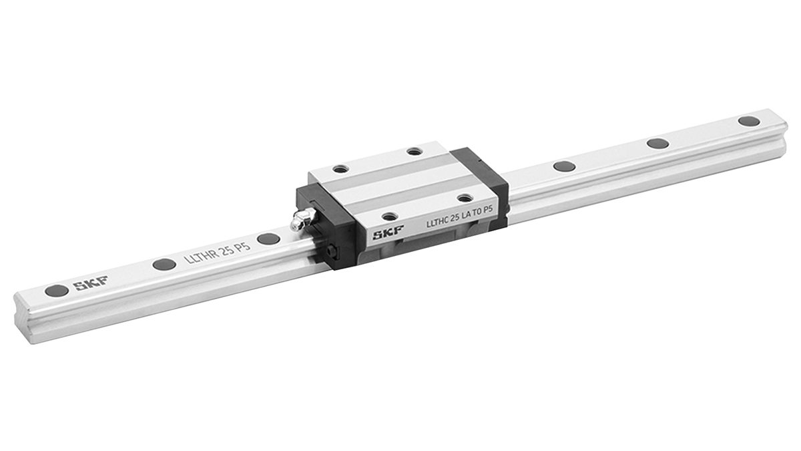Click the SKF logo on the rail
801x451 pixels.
91,283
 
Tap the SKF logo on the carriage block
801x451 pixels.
388,233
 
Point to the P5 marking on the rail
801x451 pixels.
242,247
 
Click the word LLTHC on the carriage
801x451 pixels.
437,222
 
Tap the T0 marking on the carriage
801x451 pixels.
477,213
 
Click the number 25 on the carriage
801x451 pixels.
455,218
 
